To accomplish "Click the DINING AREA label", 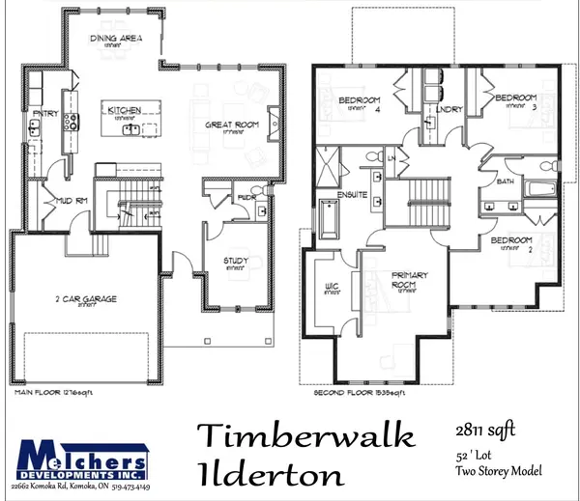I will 116,40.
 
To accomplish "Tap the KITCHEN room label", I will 126,110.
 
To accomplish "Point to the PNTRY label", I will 45,114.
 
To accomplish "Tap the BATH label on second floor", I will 504,181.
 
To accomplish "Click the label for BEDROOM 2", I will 509,239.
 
